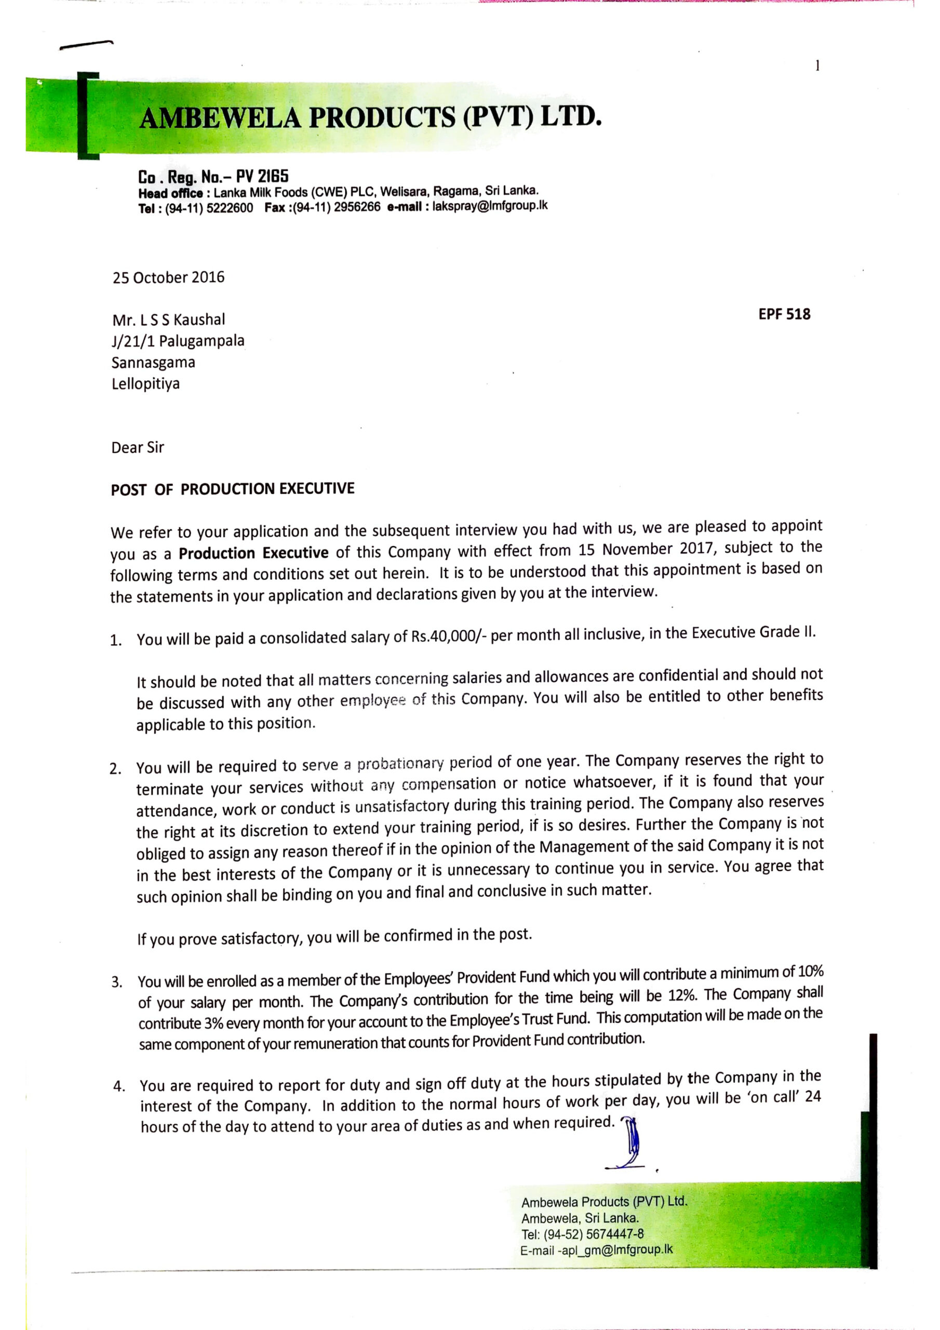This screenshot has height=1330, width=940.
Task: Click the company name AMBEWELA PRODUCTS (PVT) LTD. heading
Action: (371, 117)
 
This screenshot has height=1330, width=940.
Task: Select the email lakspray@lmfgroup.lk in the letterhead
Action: (489, 206)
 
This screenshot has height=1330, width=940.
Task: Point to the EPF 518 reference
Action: (784, 314)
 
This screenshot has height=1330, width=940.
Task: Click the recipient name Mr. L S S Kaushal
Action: (169, 320)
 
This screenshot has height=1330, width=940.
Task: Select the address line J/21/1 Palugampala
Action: (178, 341)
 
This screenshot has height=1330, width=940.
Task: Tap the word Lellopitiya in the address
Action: (145, 384)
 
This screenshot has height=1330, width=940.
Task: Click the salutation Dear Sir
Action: (138, 448)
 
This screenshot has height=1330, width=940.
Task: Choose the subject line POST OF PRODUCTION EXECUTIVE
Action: (232, 489)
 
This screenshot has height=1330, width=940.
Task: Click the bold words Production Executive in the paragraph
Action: (253, 553)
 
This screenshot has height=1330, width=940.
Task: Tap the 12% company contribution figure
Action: (682, 996)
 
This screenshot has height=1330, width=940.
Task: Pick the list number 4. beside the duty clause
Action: (119, 1086)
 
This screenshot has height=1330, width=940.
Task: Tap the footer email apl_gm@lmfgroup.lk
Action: (617, 1249)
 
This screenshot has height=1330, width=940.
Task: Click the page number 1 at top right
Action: (817, 66)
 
